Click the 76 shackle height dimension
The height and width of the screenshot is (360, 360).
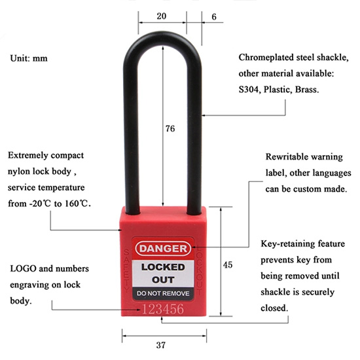pyautogui.click(x=170, y=128)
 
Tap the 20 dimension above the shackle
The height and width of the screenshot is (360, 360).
pyautogui.click(x=162, y=16)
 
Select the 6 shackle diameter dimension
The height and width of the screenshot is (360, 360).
pyautogui.click(x=214, y=17)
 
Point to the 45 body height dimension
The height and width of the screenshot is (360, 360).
pyautogui.click(x=228, y=265)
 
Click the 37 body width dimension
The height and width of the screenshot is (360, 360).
pyautogui.click(x=161, y=345)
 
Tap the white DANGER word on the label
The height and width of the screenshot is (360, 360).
pyautogui.click(x=163, y=249)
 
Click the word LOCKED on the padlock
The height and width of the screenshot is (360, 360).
pyautogui.click(x=163, y=267)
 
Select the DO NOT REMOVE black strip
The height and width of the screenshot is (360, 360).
pyautogui.click(x=163, y=294)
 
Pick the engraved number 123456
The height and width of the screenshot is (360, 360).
pyautogui.click(x=163, y=309)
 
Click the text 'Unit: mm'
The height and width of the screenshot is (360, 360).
pyautogui.click(x=29, y=58)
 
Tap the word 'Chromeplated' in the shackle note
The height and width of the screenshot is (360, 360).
pyautogui.click(x=266, y=58)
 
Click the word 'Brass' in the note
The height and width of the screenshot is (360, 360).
pyautogui.click(x=307, y=90)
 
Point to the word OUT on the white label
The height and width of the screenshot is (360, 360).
pyautogui.click(x=163, y=280)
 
